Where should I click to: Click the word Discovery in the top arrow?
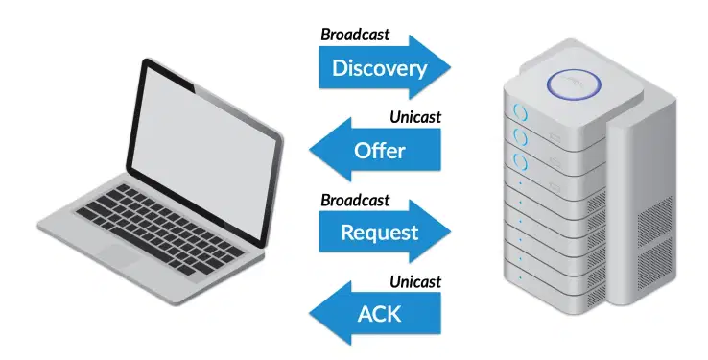point(379,68)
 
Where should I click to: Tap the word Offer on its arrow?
point(379,151)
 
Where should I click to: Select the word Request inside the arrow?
point(379,232)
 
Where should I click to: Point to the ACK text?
point(379,314)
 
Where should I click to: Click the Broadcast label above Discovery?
point(355,35)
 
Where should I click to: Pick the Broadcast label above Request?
point(355,200)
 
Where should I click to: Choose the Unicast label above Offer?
point(415,117)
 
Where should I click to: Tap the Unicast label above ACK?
point(415,282)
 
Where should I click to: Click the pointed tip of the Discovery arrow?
point(450,68)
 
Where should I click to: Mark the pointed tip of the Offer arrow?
point(310,150)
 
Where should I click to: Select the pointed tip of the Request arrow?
point(450,231)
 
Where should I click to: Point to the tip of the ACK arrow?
point(310,314)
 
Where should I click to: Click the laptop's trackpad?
point(118,256)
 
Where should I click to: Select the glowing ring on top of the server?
point(574,84)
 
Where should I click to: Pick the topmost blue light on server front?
point(521,112)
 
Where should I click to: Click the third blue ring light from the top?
point(521,162)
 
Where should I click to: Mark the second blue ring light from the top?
point(521,137)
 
